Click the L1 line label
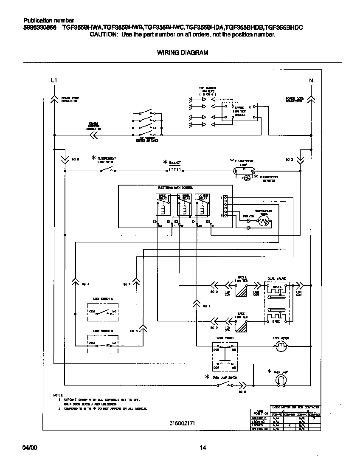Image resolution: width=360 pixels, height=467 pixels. [53, 81]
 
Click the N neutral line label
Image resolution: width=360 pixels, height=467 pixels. [311, 81]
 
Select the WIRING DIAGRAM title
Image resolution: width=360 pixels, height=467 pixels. [183, 53]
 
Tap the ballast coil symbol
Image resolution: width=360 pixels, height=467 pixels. [175, 169]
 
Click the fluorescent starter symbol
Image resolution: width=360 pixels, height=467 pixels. [246, 179]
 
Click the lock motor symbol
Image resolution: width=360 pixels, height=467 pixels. [281, 348]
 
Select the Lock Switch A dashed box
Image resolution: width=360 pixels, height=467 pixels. [103, 312]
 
